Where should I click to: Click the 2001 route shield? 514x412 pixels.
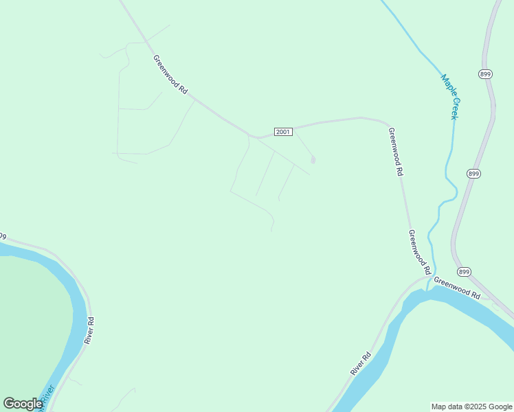[283, 131]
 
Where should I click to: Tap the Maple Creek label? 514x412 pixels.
[450, 97]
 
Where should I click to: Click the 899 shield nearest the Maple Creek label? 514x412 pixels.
[485, 74]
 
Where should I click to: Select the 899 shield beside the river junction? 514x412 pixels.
[465, 271]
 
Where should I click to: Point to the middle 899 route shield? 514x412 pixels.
[473, 174]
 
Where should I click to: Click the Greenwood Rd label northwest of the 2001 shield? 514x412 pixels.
[170, 75]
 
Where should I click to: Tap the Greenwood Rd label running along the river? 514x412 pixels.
[457, 287]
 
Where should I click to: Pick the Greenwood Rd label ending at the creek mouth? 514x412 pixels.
[418, 251]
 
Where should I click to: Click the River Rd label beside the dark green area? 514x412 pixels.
[89, 330]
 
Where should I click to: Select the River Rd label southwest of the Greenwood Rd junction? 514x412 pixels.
[361, 363]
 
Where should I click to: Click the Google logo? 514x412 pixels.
[23, 404]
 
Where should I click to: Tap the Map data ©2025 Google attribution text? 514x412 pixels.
[471, 407]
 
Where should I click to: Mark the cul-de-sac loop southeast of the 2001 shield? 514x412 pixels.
[313, 160]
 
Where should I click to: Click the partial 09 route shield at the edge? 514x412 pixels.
[2, 236]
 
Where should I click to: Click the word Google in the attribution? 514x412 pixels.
[500, 407]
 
